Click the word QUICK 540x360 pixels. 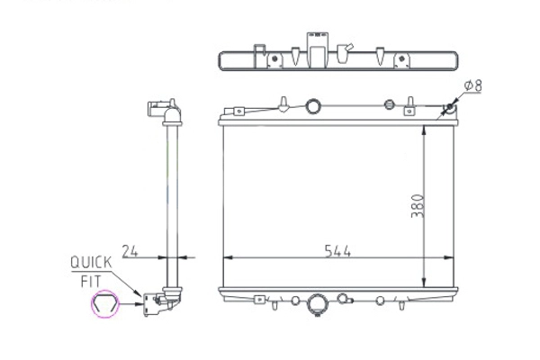(x=91, y=262)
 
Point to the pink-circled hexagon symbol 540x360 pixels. (x=105, y=307)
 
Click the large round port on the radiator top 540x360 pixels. (x=312, y=106)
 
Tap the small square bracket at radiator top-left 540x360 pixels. (x=239, y=112)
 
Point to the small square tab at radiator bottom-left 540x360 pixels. (x=260, y=299)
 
